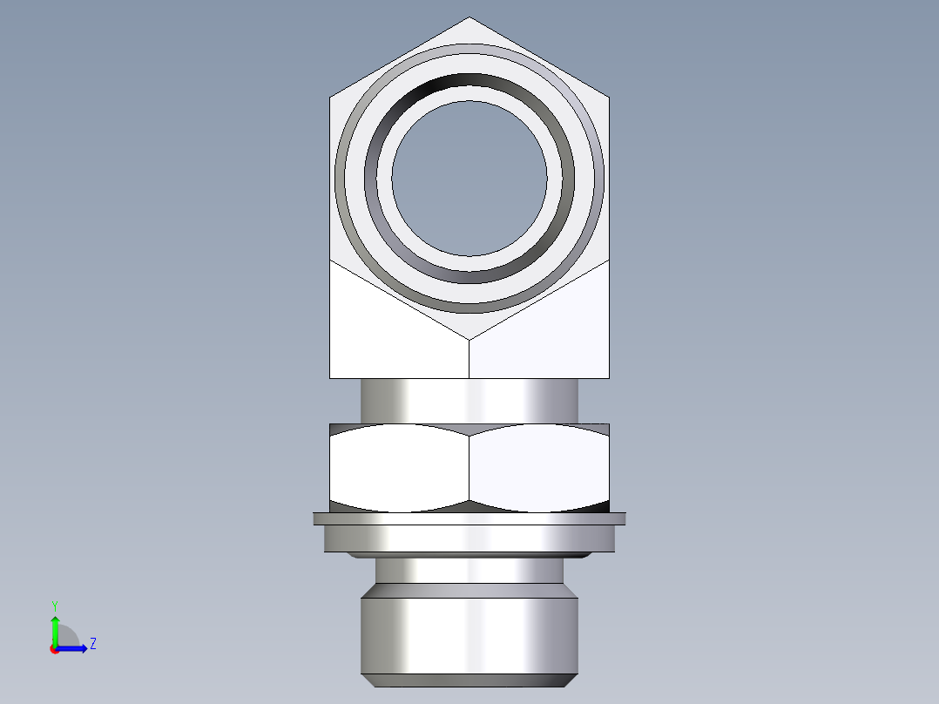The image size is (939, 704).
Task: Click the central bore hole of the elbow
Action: (x=469, y=179)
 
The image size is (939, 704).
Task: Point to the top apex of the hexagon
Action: (x=469, y=18)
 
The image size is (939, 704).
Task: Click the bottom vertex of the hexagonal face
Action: (x=469, y=339)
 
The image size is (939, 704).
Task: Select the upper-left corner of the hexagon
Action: (x=331, y=97)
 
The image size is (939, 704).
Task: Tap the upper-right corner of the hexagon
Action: (x=608, y=97)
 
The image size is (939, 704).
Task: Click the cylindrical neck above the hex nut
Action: (x=469, y=401)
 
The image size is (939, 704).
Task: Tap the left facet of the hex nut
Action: (x=399, y=468)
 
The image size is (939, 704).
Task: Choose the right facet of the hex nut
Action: (x=538, y=468)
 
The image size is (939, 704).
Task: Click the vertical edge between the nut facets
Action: (x=469, y=468)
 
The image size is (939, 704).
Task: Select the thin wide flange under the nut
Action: (x=469, y=518)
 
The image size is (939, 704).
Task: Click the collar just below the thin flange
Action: (x=469, y=539)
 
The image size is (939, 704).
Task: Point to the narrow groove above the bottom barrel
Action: (x=469, y=570)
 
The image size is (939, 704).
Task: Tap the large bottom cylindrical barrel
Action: (x=469, y=632)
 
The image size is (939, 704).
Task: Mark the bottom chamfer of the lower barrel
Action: (x=469, y=680)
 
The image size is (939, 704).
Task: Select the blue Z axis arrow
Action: (x=75, y=648)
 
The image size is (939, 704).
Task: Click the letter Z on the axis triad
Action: (x=92, y=644)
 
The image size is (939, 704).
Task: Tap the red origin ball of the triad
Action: (x=55, y=649)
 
